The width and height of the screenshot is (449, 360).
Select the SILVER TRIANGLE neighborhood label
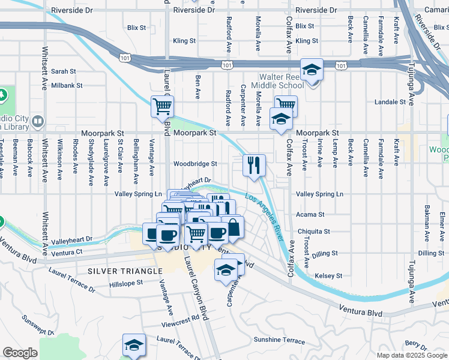click(x=125, y=271)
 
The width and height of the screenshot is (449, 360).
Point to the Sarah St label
click(x=63, y=71)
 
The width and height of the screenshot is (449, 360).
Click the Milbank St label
click(x=67, y=86)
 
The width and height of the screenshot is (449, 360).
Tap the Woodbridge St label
click(x=195, y=164)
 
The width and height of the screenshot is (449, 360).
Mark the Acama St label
click(x=310, y=214)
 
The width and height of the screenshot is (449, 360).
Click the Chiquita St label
click(x=313, y=231)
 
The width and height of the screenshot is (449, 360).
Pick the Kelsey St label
click(x=328, y=276)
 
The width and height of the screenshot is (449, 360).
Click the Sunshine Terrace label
click(x=279, y=340)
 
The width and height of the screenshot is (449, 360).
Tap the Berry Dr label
click(x=415, y=343)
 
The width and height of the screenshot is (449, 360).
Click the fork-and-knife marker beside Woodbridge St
click(x=254, y=164)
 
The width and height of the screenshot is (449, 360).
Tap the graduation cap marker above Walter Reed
click(x=312, y=69)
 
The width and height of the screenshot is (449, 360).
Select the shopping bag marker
click(x=233, y=227)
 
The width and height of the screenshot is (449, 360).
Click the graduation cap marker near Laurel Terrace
click(x=134, y=344)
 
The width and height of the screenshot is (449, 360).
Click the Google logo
click(x=20, y=353)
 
